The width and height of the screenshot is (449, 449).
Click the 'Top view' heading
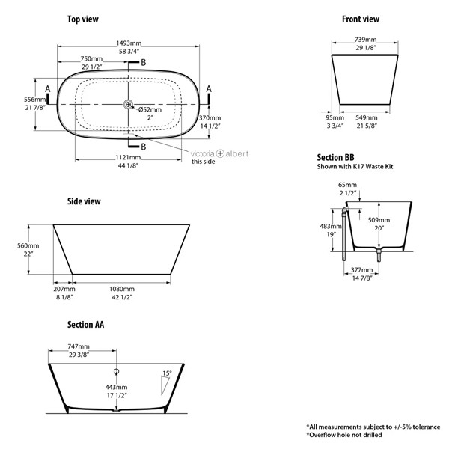click(83, 19)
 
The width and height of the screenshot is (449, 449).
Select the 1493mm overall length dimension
click(129, 43)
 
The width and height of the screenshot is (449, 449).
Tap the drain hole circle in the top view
click(128, 105)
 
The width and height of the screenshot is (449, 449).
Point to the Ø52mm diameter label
click(150, 109)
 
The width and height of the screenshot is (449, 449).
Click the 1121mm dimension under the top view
click(128, 157)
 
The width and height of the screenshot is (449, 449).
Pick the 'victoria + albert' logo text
click(219, 153)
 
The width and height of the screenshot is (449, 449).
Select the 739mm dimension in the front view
click(366, 40)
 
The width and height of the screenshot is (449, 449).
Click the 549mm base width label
click(367, 117)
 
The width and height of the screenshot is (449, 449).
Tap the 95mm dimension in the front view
click(335, 117)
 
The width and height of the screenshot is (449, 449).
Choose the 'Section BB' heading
click(335, 157)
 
